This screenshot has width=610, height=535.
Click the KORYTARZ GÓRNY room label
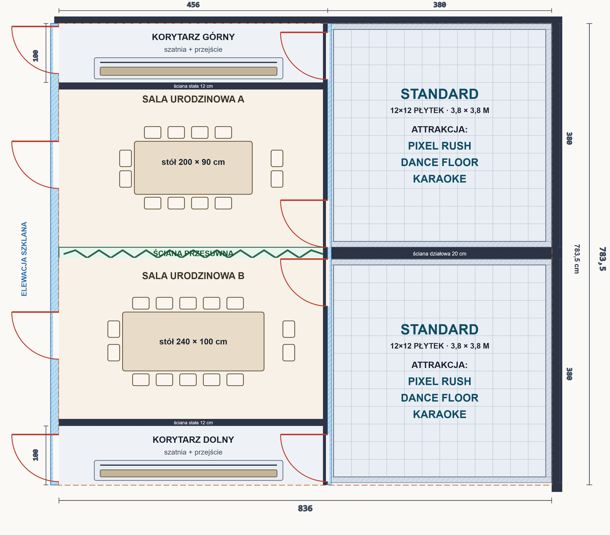(193, 37)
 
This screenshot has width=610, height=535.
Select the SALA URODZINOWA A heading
(193, 99)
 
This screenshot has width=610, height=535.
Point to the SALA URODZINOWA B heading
(193, 276)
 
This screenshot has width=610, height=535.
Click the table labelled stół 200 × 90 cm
(193, 168)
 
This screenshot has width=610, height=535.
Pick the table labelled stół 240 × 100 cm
(193, 341)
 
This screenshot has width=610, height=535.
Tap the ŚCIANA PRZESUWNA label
(193, 253)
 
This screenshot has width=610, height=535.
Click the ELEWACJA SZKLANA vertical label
(24, 259)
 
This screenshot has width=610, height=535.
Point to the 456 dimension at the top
(193, 5)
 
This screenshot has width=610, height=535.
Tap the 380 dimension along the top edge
(440, 5)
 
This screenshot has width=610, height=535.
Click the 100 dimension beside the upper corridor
(36, 56)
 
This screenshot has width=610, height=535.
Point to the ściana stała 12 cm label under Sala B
(193, 423)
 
